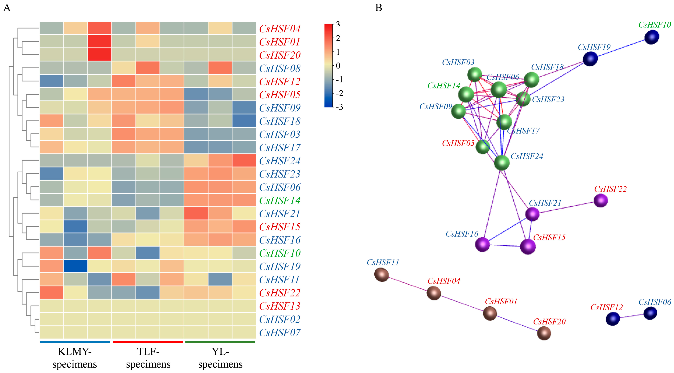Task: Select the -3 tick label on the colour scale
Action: point(339,107)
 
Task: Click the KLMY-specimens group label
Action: point(75,358)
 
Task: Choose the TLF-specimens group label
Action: point(148,358)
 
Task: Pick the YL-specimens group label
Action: point(220,358)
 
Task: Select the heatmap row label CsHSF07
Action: point(280,333)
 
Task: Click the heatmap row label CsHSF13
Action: point(280,306)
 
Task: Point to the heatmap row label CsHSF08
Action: point(280,69)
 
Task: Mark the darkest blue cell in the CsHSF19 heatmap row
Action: point(75,266)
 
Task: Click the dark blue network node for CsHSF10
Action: point(652,37)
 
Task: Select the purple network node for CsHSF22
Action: point(600,200)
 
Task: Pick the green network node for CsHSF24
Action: point(501,163)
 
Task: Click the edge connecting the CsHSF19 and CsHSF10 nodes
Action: point(621,48)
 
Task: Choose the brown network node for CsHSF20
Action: point(544,333)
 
